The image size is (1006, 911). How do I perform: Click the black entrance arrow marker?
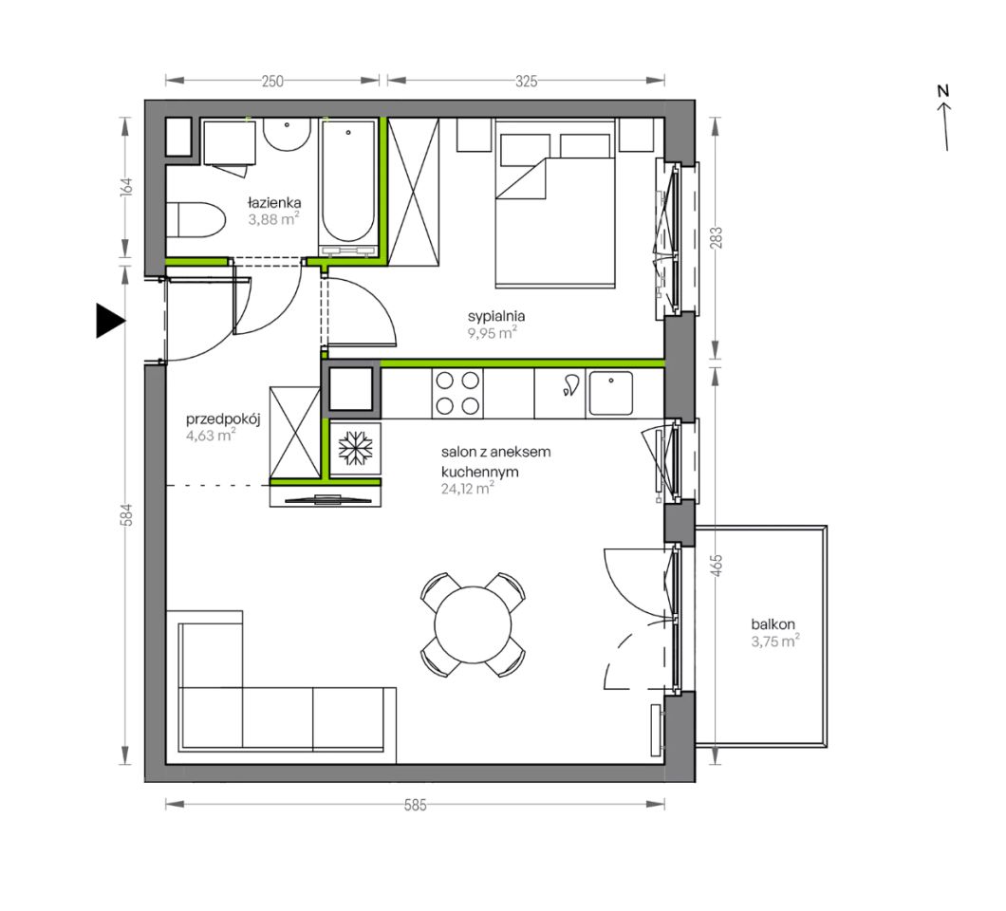109,320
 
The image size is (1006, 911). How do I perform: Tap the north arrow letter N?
942,91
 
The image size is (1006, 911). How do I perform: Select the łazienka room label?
274,203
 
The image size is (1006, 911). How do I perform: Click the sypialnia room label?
496,316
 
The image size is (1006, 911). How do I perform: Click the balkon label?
773,623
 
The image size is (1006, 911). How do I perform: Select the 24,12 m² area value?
467,488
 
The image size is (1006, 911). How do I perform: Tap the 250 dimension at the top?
272,81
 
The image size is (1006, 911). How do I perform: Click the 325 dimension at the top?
526,81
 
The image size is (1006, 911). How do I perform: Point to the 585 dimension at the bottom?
415,805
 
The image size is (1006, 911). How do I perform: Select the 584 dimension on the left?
127,514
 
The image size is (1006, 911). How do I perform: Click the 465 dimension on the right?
717,566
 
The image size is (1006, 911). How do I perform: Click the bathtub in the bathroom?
347,187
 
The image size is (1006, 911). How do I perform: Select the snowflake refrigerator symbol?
356,447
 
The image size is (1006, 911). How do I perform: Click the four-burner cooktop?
457,393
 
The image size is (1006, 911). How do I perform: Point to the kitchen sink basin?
611,393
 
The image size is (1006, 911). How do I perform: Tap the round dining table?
473,624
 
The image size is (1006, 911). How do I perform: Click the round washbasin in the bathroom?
287,135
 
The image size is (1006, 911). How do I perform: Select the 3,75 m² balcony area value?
775,641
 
